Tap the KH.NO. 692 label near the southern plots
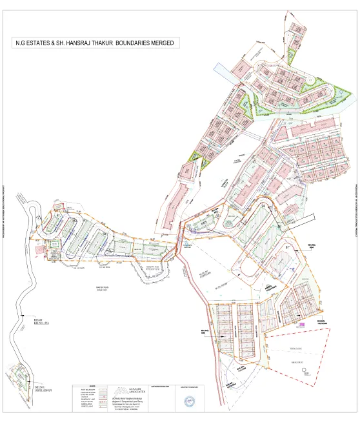pos(206,331)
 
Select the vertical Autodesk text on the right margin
pos(355,213)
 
